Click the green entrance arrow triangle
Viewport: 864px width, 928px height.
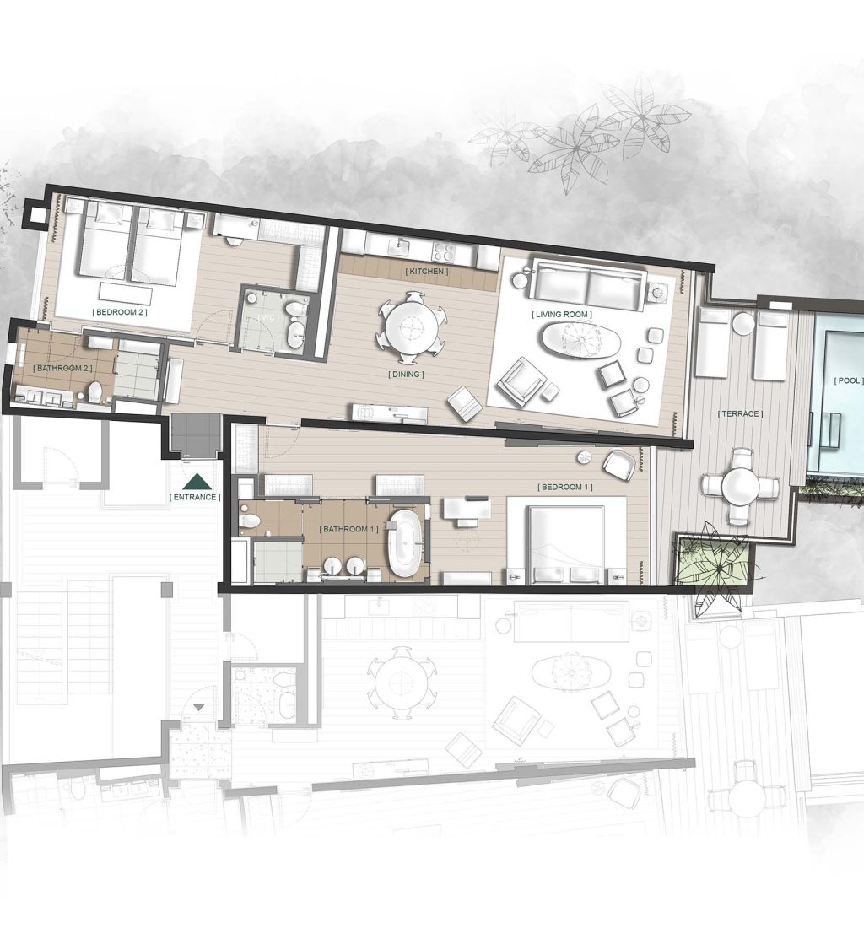coord(197,481)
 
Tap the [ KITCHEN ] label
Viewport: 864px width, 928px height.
coord(426,272)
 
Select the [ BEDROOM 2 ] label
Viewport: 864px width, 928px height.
coord(119,312)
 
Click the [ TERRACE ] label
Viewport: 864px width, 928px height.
coord(740,413)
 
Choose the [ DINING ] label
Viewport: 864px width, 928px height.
coord(406,374)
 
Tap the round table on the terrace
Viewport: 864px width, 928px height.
coord(741,487)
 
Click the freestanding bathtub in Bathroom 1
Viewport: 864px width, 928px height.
coord(404,542)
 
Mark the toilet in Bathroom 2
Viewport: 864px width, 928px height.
coord(95,391)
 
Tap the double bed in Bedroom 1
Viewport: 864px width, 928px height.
coord(566,540)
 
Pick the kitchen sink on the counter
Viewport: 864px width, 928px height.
coord(396,245)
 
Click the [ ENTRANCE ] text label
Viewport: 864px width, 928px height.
coord(195,498)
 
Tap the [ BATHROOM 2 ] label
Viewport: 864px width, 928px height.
coord(61,369)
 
